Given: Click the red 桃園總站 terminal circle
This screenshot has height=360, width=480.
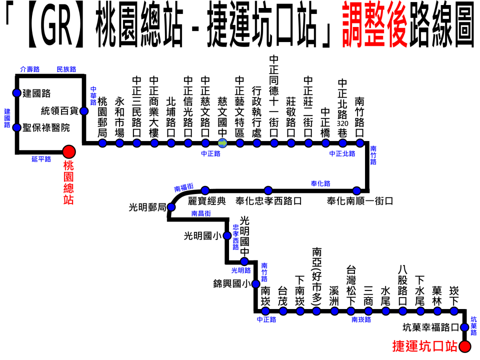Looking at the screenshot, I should [x=68, y=151].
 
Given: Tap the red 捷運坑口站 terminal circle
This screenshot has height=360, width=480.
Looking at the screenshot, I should [x=465, y=346].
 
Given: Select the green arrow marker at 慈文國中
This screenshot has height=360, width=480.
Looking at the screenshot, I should [x=223, y=143].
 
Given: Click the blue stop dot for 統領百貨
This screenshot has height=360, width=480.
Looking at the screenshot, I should [x=84, y=111].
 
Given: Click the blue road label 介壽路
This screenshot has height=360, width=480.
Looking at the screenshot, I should [x=29, y=69].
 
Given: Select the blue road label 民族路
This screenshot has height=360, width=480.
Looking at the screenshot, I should [x=66, y=69].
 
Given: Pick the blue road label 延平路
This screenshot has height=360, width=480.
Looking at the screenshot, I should [x=41, y=159].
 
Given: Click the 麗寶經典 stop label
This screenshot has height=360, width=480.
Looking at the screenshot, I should [x=207, y=201].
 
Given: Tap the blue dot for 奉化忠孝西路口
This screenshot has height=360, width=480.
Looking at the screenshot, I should [x=268, y=190].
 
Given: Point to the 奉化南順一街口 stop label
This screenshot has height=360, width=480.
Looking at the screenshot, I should [x=359, y=201].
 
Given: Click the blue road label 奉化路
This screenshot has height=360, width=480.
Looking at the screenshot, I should [x=320, y=183].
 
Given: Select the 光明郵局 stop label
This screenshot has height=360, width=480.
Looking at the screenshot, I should [x=147, y=207].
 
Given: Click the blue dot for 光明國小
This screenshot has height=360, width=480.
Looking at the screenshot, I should [x=227, y=235].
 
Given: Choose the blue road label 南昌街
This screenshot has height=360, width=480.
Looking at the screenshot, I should [x=200, y=213].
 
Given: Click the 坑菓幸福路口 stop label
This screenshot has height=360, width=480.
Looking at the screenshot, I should [x=430, y=328].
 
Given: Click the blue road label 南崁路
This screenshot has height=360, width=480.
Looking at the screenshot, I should [x=361, y=319].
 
